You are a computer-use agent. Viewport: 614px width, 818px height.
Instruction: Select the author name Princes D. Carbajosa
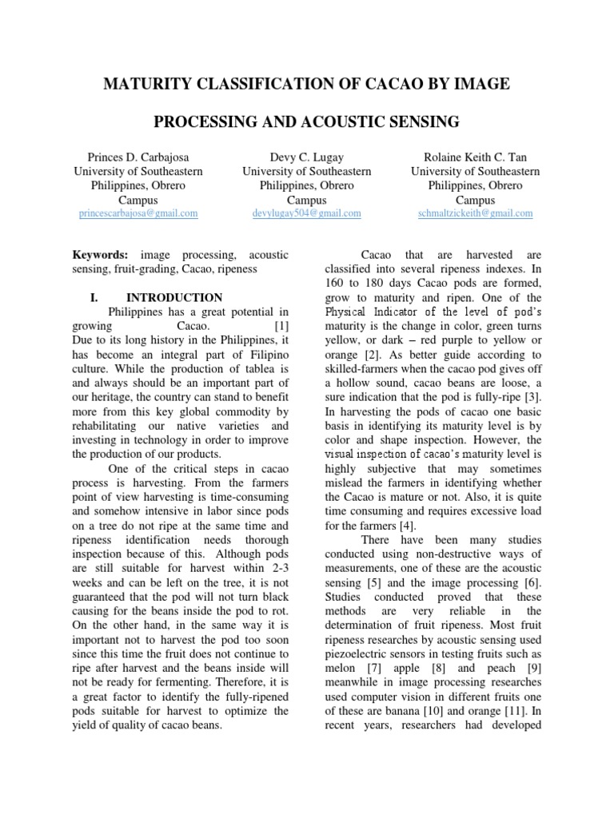tap(138, 157)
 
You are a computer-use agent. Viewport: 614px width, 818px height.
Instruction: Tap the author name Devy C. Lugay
tap(306, 157)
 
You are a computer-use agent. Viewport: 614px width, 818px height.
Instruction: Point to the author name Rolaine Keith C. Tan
tap(475, 157)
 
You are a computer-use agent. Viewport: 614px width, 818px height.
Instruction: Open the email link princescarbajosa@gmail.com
tap(138, 214)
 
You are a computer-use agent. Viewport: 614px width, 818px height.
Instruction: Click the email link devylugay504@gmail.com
tap(306, 214)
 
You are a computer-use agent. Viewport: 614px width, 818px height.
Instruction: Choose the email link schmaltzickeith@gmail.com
tap(475, 214)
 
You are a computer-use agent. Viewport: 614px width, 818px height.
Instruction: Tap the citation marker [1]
tap(281, 327)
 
